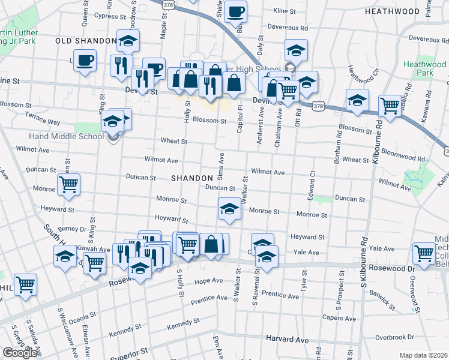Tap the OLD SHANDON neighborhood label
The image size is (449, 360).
(85, 41)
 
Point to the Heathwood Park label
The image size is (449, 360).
(425, 68)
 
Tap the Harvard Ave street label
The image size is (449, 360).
(287, 340)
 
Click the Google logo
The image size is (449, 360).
(20, 353)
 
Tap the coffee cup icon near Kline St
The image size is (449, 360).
(236, 11)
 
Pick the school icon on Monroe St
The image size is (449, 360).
(229, 208)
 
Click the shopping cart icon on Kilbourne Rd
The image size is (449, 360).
(390, 105)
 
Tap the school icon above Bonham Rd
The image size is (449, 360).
(357, 100)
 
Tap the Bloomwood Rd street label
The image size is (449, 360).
(403, 155)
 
